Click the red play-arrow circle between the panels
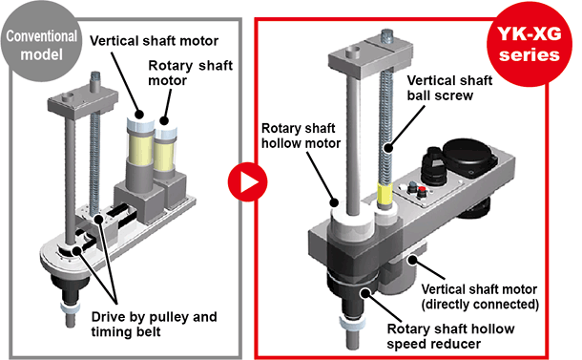tap(247, 181)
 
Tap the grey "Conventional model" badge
tap(41, 42)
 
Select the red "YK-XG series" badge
tap(530, 45)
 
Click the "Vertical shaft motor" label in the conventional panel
tap(154, 40)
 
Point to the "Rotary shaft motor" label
tap(191, 73)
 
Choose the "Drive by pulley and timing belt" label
tap(154, 324)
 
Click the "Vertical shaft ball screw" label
tap(449, 88)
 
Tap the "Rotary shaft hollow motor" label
tap(301, 136)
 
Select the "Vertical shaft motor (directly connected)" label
tap(480, 296)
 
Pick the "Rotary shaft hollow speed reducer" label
tap(450, 336)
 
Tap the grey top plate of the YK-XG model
tap(371, 55)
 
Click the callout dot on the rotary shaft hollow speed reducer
tap(365, 293)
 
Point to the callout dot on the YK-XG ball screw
tap(388, 148)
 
